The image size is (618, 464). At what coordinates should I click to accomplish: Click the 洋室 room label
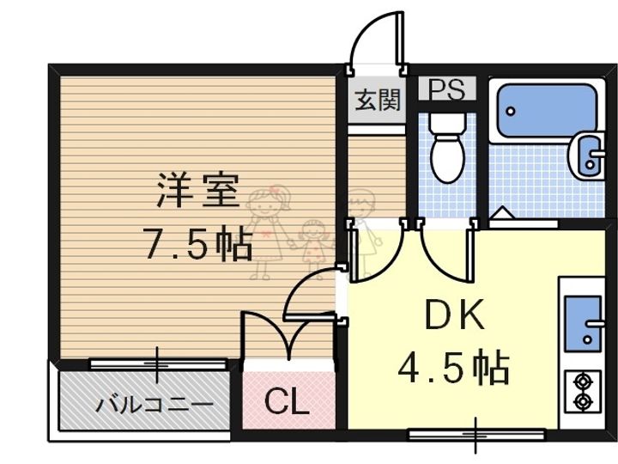[198, 190]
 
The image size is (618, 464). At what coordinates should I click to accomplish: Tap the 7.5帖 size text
[199, 243]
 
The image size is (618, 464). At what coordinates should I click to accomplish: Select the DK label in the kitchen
[454, 314]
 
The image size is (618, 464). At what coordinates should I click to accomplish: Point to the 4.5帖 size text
[454, 368]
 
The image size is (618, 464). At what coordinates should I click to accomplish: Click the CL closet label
[287, 401]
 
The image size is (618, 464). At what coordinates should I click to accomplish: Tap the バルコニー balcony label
[154, 405]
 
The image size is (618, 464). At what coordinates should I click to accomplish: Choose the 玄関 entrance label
[377, 99]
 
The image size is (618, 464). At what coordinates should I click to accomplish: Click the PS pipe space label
[447, 89]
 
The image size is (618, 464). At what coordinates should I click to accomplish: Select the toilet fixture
[447, 147]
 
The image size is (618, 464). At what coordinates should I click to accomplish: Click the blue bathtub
[548, 110]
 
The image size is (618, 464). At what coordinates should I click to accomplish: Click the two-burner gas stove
[583, 392]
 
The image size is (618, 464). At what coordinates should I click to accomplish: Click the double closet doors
[289, 335]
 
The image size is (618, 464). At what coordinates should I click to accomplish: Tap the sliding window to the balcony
[158, 363]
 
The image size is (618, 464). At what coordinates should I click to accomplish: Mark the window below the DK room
[476, 435]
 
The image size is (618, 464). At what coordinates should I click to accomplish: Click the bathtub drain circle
[511, 111]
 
